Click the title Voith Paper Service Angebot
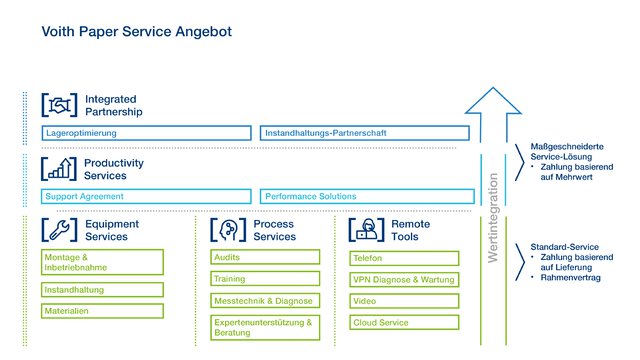[x=136, y=32]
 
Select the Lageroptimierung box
[x=146, y=133]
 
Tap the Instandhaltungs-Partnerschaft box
[x=364, y=133]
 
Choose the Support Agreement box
[x=146, y=196]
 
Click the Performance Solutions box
[x=364, y=196]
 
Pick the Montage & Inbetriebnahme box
[x=102, y=262]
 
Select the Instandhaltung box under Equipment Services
[x=102, y=290]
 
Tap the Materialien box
[x=102, y=311]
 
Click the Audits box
[x=264, y=257]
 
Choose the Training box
[x=264, y=279]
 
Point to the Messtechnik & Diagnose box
[x=264, y=300]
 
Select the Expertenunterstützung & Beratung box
[x=264, y=327]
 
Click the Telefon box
[x=404, y=257]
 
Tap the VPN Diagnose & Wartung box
[x=404, y=279]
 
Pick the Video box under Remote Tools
[x=404, y=300]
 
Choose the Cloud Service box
[x=404, y=322]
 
